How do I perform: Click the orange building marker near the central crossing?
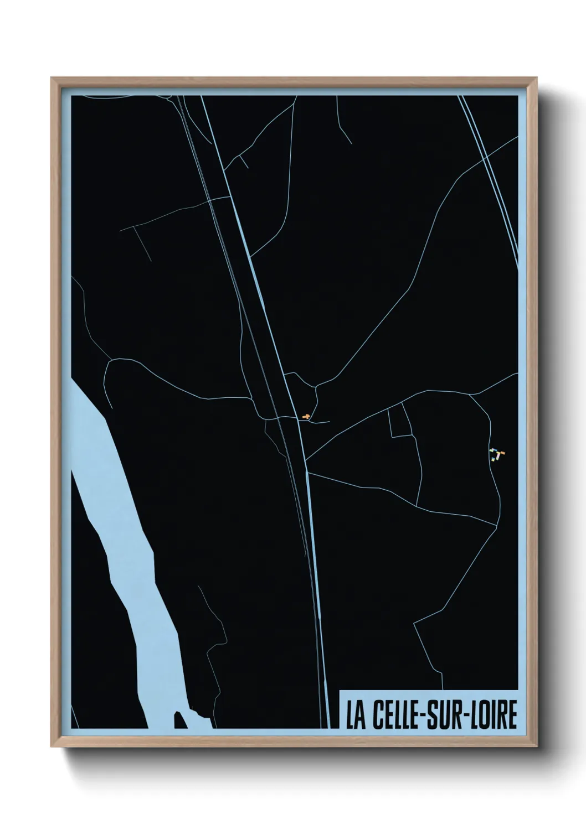pos(305,416)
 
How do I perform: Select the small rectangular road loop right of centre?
pos(400,421)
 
